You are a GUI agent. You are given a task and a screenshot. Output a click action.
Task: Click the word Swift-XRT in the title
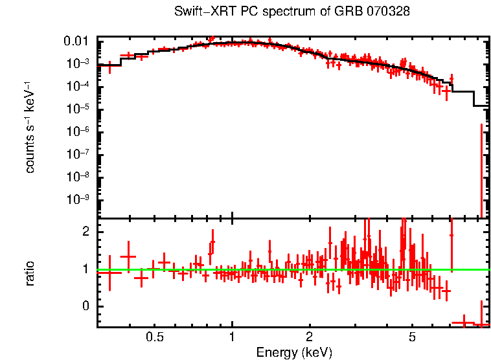[202, 12]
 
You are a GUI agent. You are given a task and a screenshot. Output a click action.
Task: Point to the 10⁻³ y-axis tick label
[78, 63]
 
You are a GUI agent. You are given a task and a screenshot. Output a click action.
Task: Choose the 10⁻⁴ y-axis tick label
[78, 86]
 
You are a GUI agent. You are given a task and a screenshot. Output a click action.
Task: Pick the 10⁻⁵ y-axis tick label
[78, 109]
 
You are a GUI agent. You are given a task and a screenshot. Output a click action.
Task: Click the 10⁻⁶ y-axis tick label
[78, 131]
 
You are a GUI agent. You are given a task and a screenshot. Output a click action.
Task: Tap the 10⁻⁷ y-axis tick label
[78, 154]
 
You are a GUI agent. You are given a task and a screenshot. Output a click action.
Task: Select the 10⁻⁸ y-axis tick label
[78, 177]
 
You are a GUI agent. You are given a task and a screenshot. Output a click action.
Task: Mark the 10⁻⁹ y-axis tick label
[78, 199]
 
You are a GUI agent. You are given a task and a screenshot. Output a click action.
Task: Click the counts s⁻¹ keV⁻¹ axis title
[30, 127]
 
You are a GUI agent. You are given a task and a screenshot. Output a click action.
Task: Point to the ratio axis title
[30, 273]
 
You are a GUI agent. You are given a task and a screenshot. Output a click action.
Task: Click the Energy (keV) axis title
[294, 352]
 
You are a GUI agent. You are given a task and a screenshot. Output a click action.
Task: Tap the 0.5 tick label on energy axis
[154, 337]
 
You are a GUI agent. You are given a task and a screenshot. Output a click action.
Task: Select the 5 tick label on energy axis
[412, 337]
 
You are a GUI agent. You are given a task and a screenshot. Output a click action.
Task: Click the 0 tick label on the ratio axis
[84, 306]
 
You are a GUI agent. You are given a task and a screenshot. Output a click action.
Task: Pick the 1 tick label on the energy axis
[232, 337]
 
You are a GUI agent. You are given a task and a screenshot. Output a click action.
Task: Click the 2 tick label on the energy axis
[310, 337]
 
